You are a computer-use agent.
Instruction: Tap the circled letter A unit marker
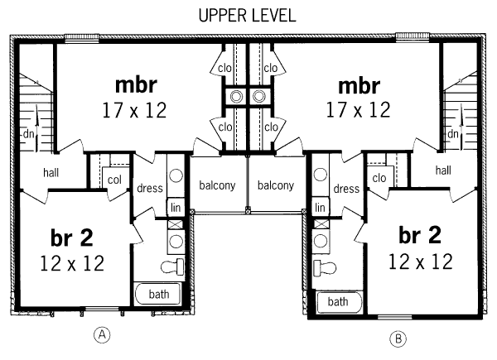tap(102, 334)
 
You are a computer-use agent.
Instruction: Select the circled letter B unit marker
tap(398, 338)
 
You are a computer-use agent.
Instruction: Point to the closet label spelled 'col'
tap(114, 180)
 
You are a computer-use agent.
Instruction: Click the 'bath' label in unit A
tap(159, 294)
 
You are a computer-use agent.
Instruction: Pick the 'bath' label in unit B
tap(337, 302)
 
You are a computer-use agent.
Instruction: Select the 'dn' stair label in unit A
tap(28, 133)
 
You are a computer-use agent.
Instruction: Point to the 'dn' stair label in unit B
tap(453, 133)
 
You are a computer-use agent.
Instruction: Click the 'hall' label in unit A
tap(32, 172)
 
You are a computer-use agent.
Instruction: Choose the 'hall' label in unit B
tap(443, 170)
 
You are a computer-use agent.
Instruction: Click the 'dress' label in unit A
tap(150, 189)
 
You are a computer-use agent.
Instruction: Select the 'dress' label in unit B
tap(346, 189)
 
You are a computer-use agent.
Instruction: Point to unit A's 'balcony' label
tap(217, 185)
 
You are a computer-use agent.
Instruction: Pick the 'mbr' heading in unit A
tap(136, 84)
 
